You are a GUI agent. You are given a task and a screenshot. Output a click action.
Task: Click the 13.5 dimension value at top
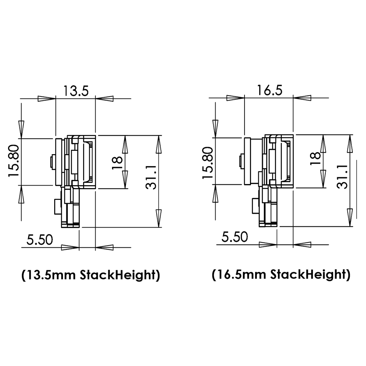point(75,90)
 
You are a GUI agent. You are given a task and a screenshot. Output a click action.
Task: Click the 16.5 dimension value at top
point(269,90)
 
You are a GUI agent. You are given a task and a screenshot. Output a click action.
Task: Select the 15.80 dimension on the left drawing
point(15,162)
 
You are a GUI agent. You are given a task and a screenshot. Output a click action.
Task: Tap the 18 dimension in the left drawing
point(117,162)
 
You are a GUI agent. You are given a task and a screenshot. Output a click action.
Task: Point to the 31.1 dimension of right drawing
point(342,176)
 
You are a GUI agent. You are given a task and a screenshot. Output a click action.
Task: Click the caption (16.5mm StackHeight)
point(281,274)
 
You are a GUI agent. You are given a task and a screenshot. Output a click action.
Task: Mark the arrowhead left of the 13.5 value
point(46,98)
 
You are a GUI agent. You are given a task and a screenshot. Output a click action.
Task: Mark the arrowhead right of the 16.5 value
point(302,98)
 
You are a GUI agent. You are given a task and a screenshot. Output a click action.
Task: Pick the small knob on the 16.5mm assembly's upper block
point(241,162)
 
